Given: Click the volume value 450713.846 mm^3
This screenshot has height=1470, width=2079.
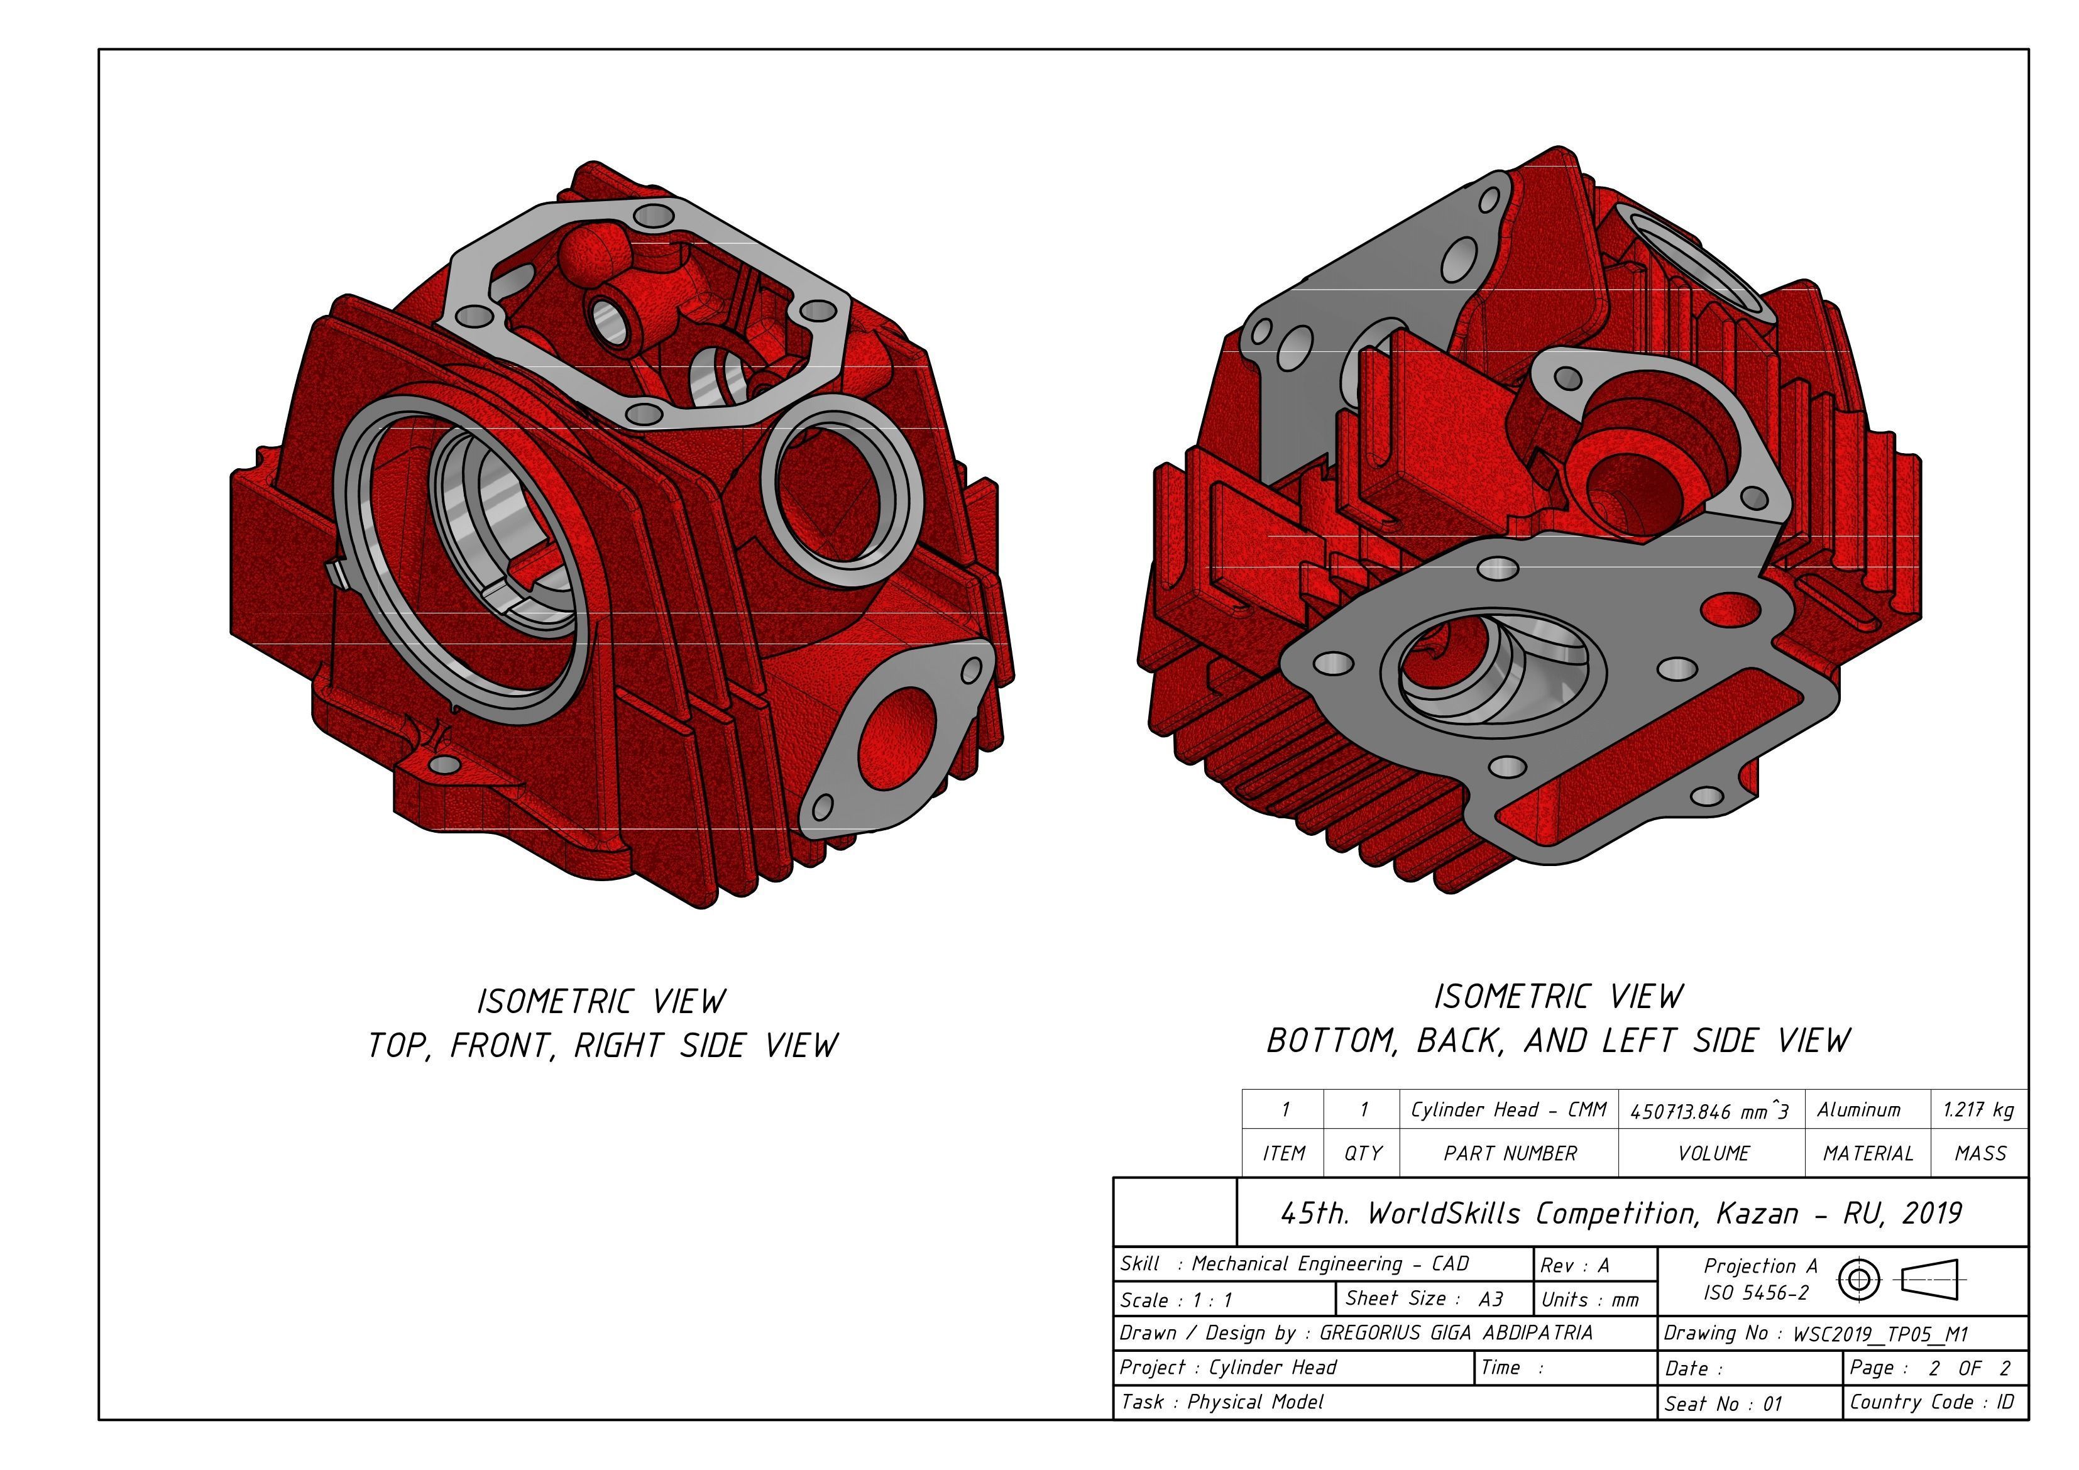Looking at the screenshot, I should (1709, 1111).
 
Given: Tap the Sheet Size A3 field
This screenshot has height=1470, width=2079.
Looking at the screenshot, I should (1424, 1299).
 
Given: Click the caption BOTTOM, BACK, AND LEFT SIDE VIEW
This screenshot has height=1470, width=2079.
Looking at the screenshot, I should (1559, 1041).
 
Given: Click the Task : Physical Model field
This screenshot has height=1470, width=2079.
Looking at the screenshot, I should (1222, 1402).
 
